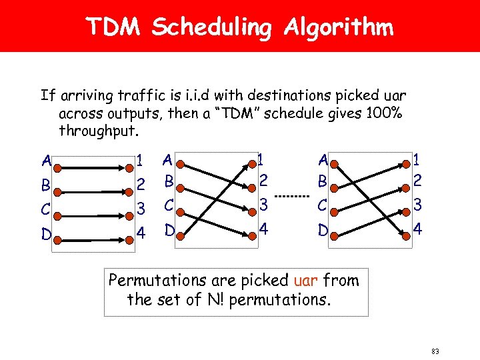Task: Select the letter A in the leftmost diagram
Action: coord(45,161)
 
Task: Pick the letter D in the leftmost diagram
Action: coord(46,235)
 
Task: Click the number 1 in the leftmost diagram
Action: coord(140,160)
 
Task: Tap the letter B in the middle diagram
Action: coord(169,181)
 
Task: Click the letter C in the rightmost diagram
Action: coord(323,205)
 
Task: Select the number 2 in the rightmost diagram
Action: coord(417,180)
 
